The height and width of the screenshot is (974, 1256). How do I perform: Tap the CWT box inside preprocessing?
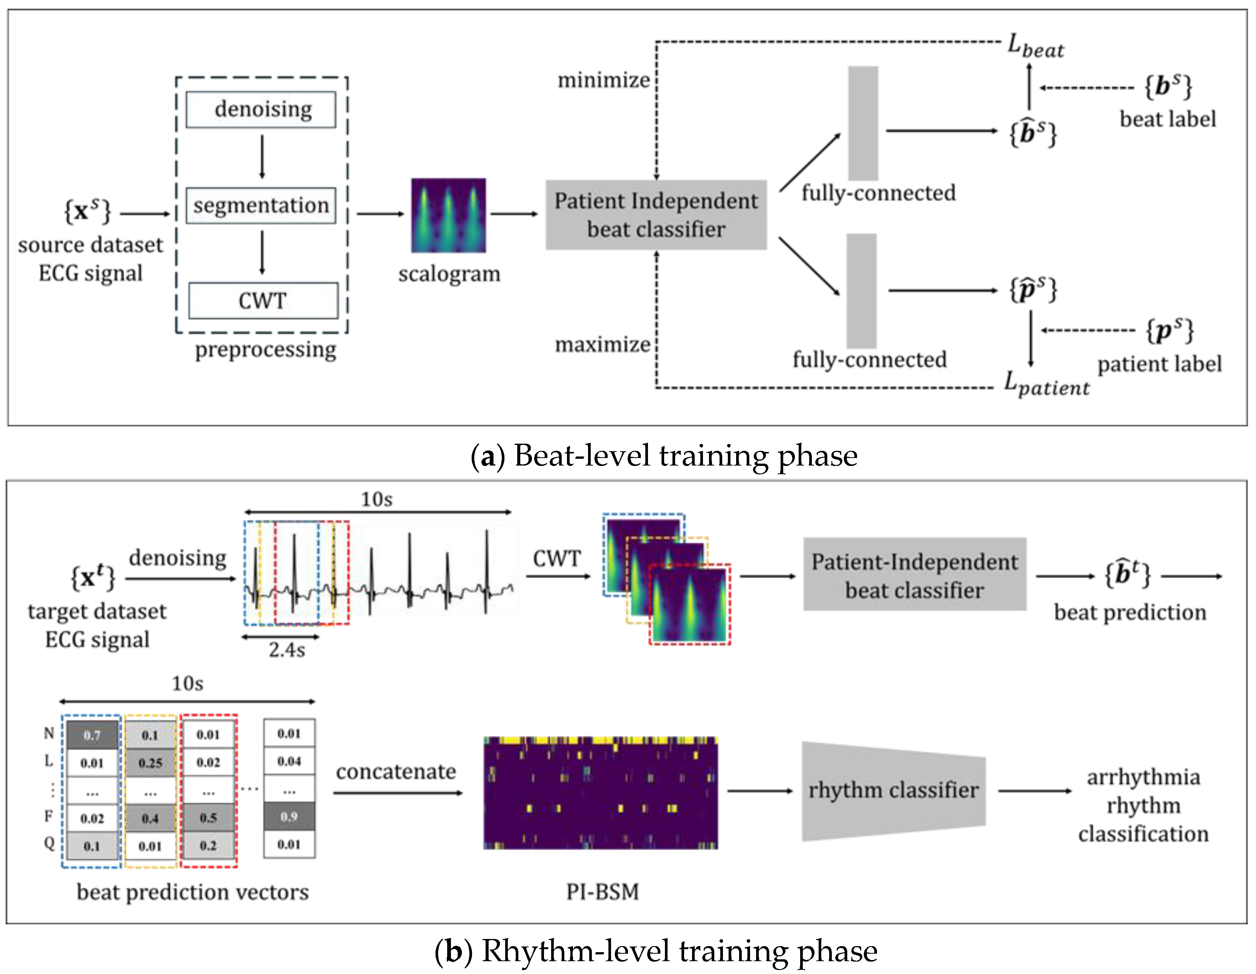coord(263,301)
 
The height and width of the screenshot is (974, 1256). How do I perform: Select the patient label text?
coord(1160,364)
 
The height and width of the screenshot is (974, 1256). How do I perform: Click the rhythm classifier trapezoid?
coord(893,791)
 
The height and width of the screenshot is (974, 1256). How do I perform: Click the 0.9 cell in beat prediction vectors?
coord(289,817)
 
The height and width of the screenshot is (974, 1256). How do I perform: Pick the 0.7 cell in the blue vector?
coord(92,735)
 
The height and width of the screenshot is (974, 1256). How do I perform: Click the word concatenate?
coord(396,772)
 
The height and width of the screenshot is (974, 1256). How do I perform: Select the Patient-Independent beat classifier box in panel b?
coord(914,575)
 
